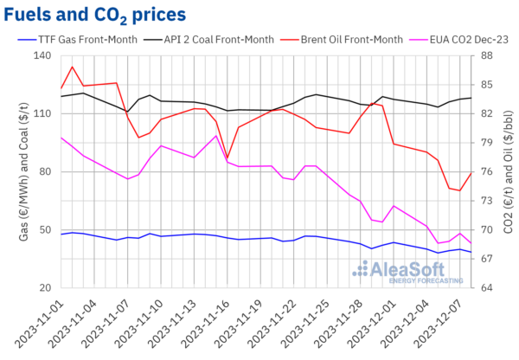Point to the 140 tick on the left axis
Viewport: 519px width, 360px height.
pos(42,55)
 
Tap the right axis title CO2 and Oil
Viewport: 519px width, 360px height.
pos(506,171)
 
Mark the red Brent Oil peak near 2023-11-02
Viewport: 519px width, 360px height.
pos(73,67)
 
